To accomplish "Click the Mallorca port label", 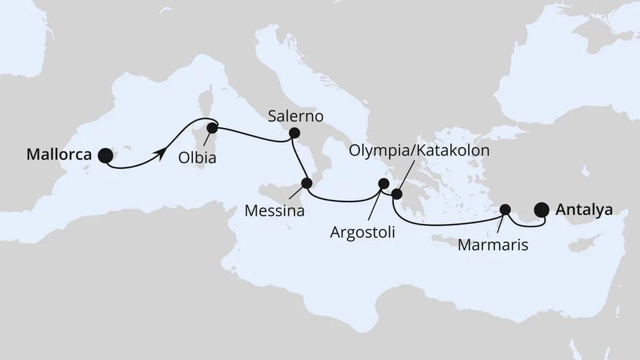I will (x=59, y=155).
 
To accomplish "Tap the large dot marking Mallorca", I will (x=105, y=156).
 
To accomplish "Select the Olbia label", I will (x=197, y=159).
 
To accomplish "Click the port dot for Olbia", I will (x=211, y=128).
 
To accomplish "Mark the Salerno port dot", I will (x=294, y=132).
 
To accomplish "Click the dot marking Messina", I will (x=306, y=183).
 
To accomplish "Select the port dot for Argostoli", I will (x=383, y=184).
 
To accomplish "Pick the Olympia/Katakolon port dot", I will (x=396, y=194).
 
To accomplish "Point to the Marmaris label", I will (x=491, y=244).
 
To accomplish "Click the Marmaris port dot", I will (x=505, y=209).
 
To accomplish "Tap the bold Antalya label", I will (x=583, y=209).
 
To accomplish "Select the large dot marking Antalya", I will (x=541, y=209).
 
